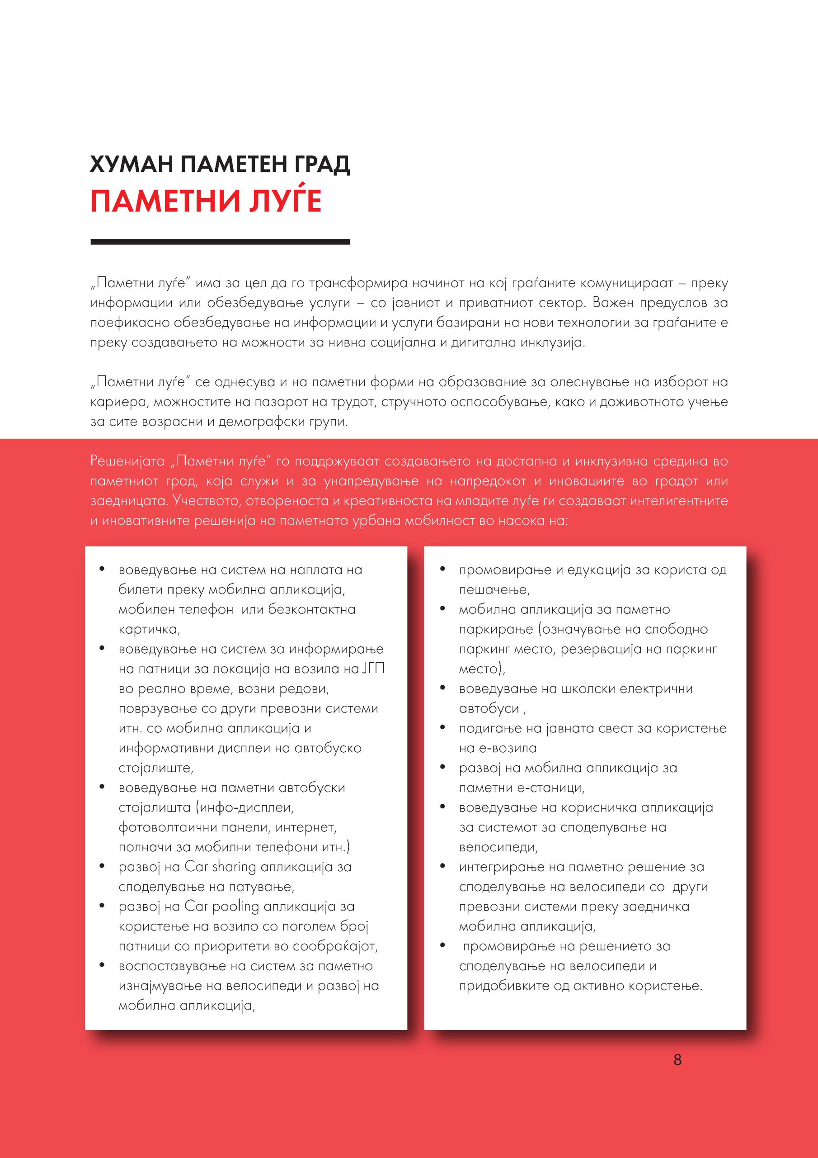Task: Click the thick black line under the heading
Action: click(x=220, y=242)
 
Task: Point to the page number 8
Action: click(x=677, y=1060)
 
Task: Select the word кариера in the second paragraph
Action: click(x=118, y=402)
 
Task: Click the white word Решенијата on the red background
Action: click(x=127, y=461)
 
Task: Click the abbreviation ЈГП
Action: click(x=373, y=669)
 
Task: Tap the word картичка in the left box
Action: click(x=148, y=629)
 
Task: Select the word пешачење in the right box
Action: click(x=493, y=589)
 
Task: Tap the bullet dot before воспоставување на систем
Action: click(x=102, y=965)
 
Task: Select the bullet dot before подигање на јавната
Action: click(x=442, y=727)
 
